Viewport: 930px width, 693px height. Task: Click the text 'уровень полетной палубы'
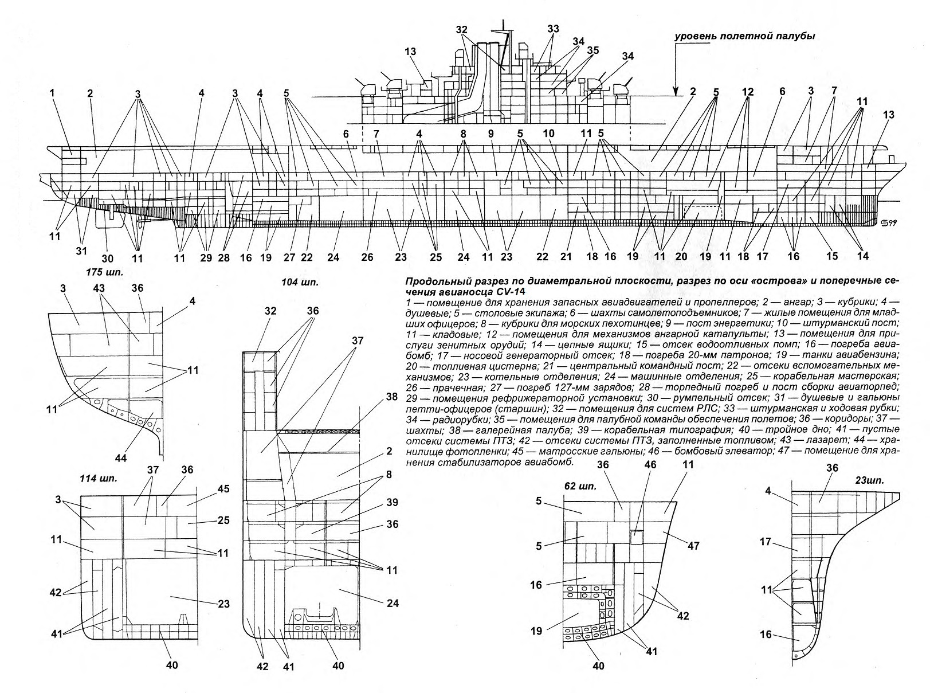tap(745, 37)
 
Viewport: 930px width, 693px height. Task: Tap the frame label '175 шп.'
tap(105, 272)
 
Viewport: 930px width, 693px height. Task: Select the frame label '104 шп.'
tap(300, 283)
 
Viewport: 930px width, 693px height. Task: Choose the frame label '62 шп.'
tap(580, 487)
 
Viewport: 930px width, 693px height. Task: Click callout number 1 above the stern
tap(52, 93)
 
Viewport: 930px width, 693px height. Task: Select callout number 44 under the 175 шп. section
tap(121, 458)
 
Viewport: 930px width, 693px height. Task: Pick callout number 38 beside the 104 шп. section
tap(391, 397)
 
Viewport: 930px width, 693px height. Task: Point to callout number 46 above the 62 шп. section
tap(650, 465)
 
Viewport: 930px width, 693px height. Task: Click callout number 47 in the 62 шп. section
tap(693, 545)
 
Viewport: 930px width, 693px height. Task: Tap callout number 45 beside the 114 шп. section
tap(223, 489)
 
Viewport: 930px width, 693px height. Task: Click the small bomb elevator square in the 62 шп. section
tap(637, 537)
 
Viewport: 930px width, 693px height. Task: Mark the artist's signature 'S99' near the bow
tap(885, 223)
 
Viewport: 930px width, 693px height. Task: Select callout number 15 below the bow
tap(832, 256)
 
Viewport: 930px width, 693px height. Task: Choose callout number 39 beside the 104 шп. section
tap(391, 502)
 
